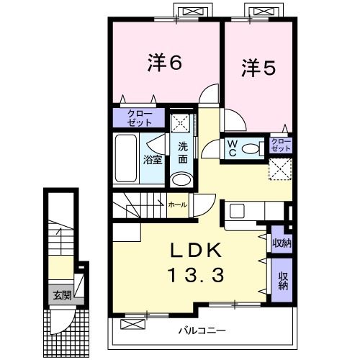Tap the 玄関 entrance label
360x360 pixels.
click(x=60, y=294)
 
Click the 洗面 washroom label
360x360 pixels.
click(x=183, y=153)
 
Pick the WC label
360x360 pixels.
click(x=233, y=148)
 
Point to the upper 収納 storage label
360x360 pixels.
click(x=282, y=243)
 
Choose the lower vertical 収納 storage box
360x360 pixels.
click(x=282, y=277)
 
